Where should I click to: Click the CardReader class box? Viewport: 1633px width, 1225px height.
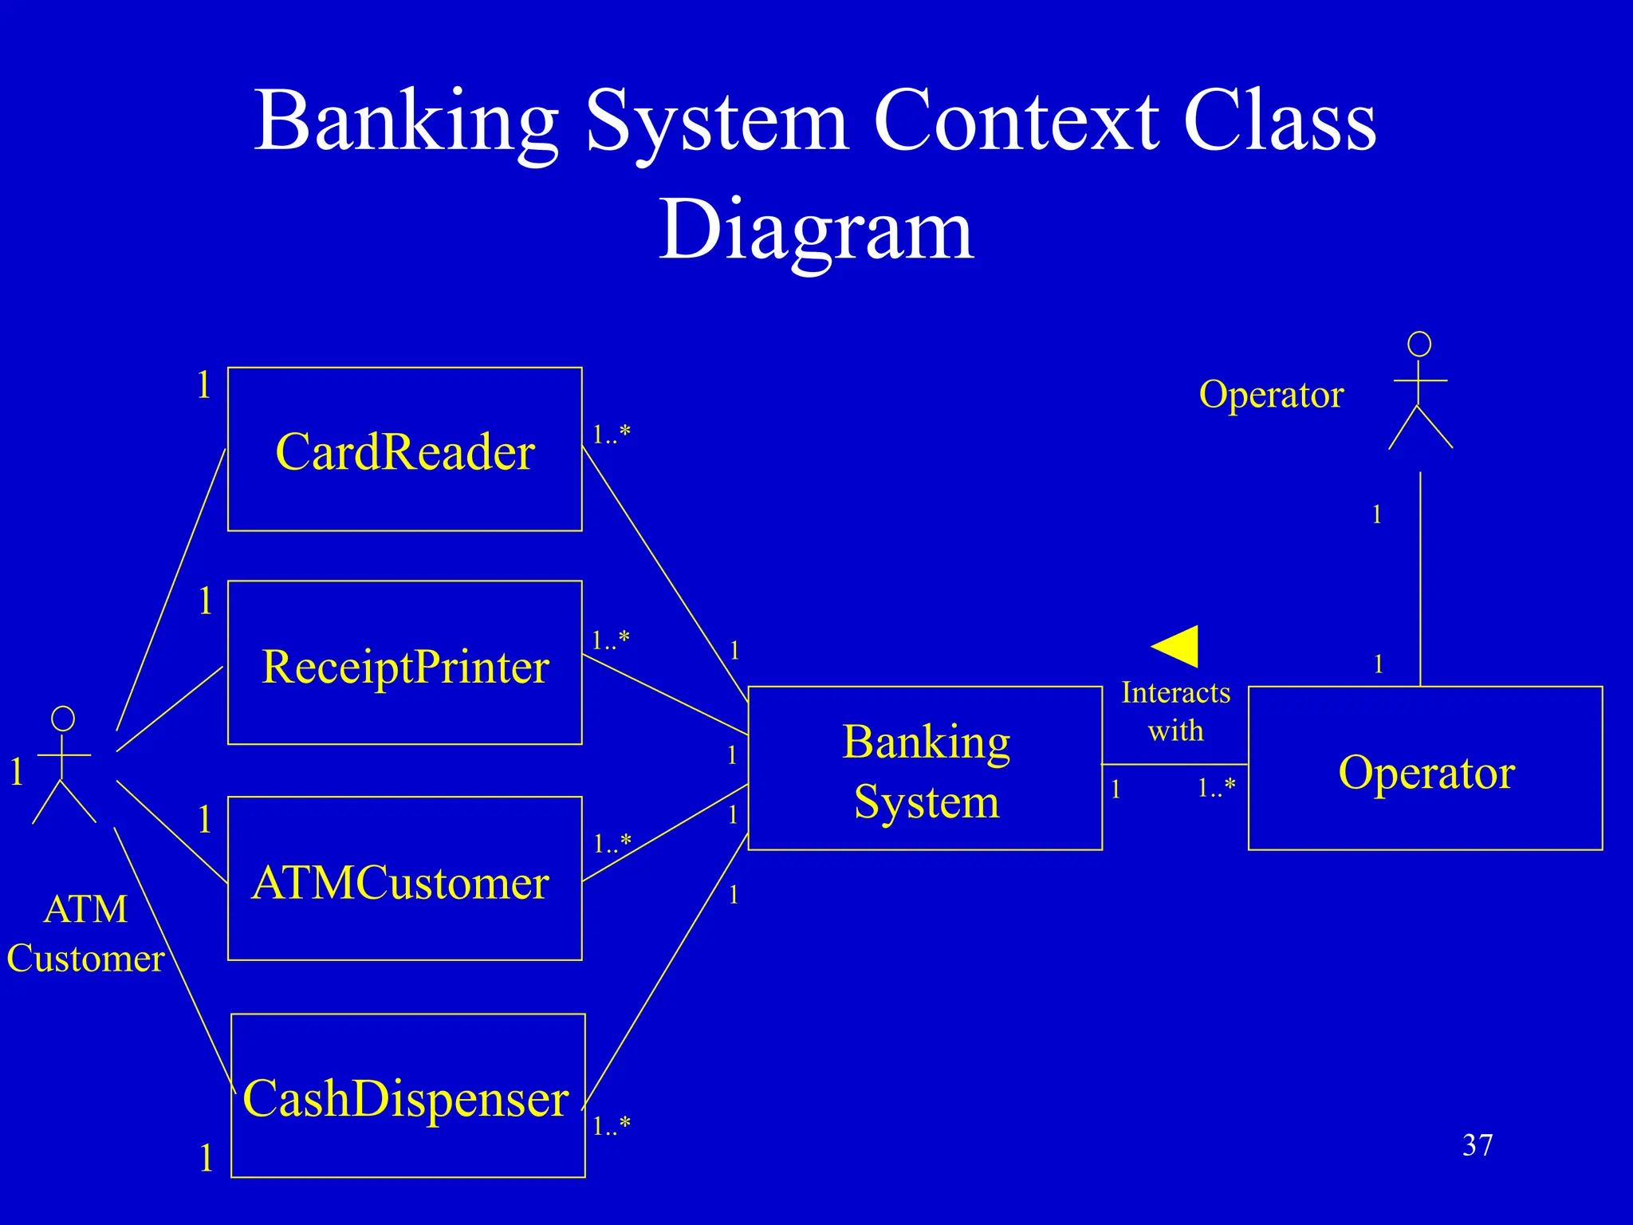[404, 449]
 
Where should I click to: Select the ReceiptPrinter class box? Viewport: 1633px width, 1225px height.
[404, 663]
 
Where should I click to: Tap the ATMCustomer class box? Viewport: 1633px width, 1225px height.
[404, 878]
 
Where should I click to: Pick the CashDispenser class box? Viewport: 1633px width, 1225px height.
[407, 1095]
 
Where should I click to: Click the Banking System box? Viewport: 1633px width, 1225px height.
[925, 768]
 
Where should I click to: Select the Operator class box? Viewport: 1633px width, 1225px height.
[1425, 768]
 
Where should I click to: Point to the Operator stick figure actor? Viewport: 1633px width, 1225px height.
[1420, 391]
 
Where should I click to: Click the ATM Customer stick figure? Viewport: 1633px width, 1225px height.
[63, 764]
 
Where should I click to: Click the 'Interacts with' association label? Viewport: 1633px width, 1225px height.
[1175, 711]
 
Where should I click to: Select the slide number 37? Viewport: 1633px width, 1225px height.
[1477, 1145]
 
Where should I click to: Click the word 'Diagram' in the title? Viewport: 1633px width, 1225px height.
[816, 230]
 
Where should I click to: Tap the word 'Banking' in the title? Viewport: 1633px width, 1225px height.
[407, 121]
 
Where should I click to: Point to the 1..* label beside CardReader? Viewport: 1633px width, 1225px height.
[611, 434]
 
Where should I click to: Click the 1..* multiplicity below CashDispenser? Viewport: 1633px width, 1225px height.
[612, 1125]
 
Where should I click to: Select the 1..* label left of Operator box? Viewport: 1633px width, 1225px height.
[1216, 788]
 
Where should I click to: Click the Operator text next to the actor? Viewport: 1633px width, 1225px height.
[1271, 394]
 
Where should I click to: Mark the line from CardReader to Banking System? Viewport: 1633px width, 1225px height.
[664, 573]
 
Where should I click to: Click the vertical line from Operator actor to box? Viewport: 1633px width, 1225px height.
[1420, 578]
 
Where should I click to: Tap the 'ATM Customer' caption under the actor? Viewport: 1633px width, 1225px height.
[85, 933]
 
